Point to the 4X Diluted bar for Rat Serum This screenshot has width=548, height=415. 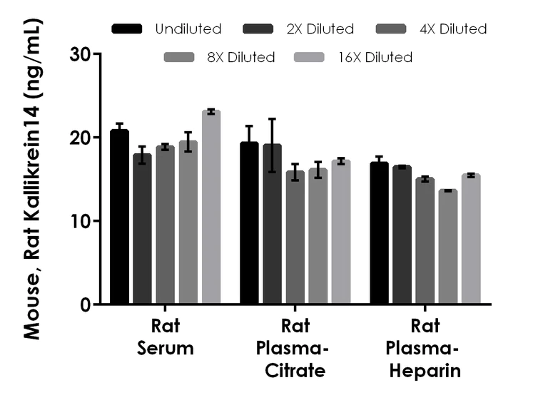[x=166, y=225]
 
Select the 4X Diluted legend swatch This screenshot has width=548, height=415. [x=391, y=29]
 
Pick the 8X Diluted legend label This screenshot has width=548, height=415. [x=240, y=58]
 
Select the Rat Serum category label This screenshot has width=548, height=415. [x=166, y=337]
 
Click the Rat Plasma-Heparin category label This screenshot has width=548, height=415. [x=425, y=349]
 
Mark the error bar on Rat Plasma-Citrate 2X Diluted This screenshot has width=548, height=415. [x=273, y=145]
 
